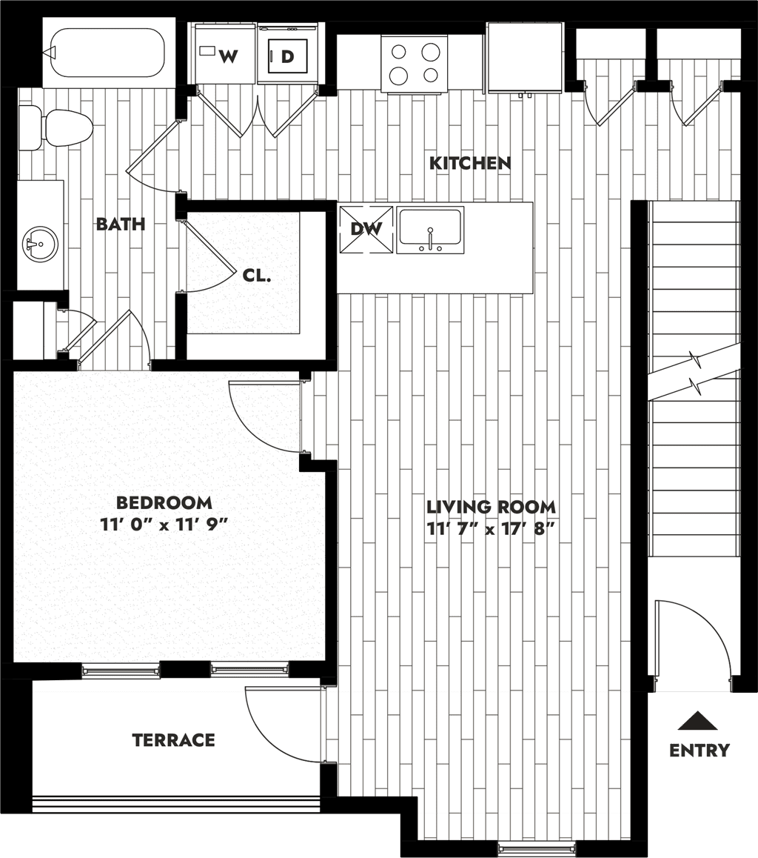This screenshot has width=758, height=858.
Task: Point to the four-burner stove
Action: pyautogui.click(x=415, y=63)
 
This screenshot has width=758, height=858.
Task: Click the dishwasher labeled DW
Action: pyautogui.click(x=366, y=229)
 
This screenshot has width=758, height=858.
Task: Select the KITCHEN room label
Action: pyautogui.click(x=470, y=163)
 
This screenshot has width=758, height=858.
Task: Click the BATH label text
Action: pyautogui.click(x=121, y=224)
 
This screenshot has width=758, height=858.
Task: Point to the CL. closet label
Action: pyautogui.click(x=256, y=276)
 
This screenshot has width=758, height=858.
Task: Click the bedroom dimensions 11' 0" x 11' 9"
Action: pyautogui.click(x=164, y=525)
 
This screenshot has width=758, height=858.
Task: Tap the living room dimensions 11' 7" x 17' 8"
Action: pyautogui.click(x=492, y=530)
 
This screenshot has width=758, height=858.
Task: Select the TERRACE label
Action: pyautogui.click(x=174, y=740)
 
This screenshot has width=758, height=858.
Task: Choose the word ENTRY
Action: pyautogui.click(x=700, y=750)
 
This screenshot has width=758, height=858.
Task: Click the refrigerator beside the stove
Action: pyautogui.click(x=525, y=58)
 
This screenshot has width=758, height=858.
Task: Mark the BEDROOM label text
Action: pyautogui.click(x=164, y=502)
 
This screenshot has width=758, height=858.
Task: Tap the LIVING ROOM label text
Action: pyautogui.click(x=492, y=507)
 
